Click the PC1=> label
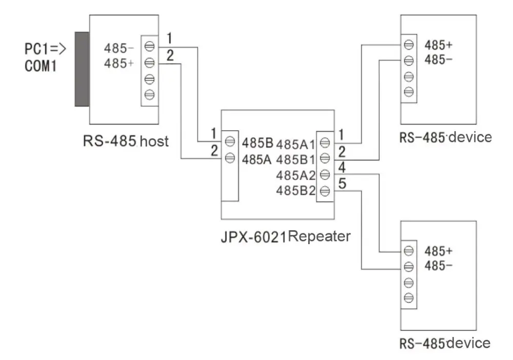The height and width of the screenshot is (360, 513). (46, 49)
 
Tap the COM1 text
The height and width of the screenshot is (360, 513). (41, 66)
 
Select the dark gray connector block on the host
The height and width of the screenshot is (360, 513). (82, 69)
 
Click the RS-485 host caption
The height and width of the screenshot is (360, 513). (126, 141)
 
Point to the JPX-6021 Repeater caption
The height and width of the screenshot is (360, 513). (286, 236)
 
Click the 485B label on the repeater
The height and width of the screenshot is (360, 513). (258, 143)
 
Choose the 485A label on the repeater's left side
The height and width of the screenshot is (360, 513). (257, 159)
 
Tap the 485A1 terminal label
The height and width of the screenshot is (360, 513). (295, 144)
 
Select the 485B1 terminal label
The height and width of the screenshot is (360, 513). (295, 159)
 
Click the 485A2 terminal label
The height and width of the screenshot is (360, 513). (296, 175)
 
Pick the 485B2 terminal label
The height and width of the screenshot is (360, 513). (296, 190)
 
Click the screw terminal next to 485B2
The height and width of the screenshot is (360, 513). (325, 191)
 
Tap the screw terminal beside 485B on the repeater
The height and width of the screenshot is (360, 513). (230, 142)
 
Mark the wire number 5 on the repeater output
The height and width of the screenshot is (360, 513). (342, 184)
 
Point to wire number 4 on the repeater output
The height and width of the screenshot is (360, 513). (342, 167)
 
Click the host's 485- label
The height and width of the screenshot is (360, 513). (119, 48)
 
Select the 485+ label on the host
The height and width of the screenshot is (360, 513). (119, 63)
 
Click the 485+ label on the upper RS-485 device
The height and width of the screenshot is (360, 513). (439, 45)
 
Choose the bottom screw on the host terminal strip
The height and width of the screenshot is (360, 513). (149, 95)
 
